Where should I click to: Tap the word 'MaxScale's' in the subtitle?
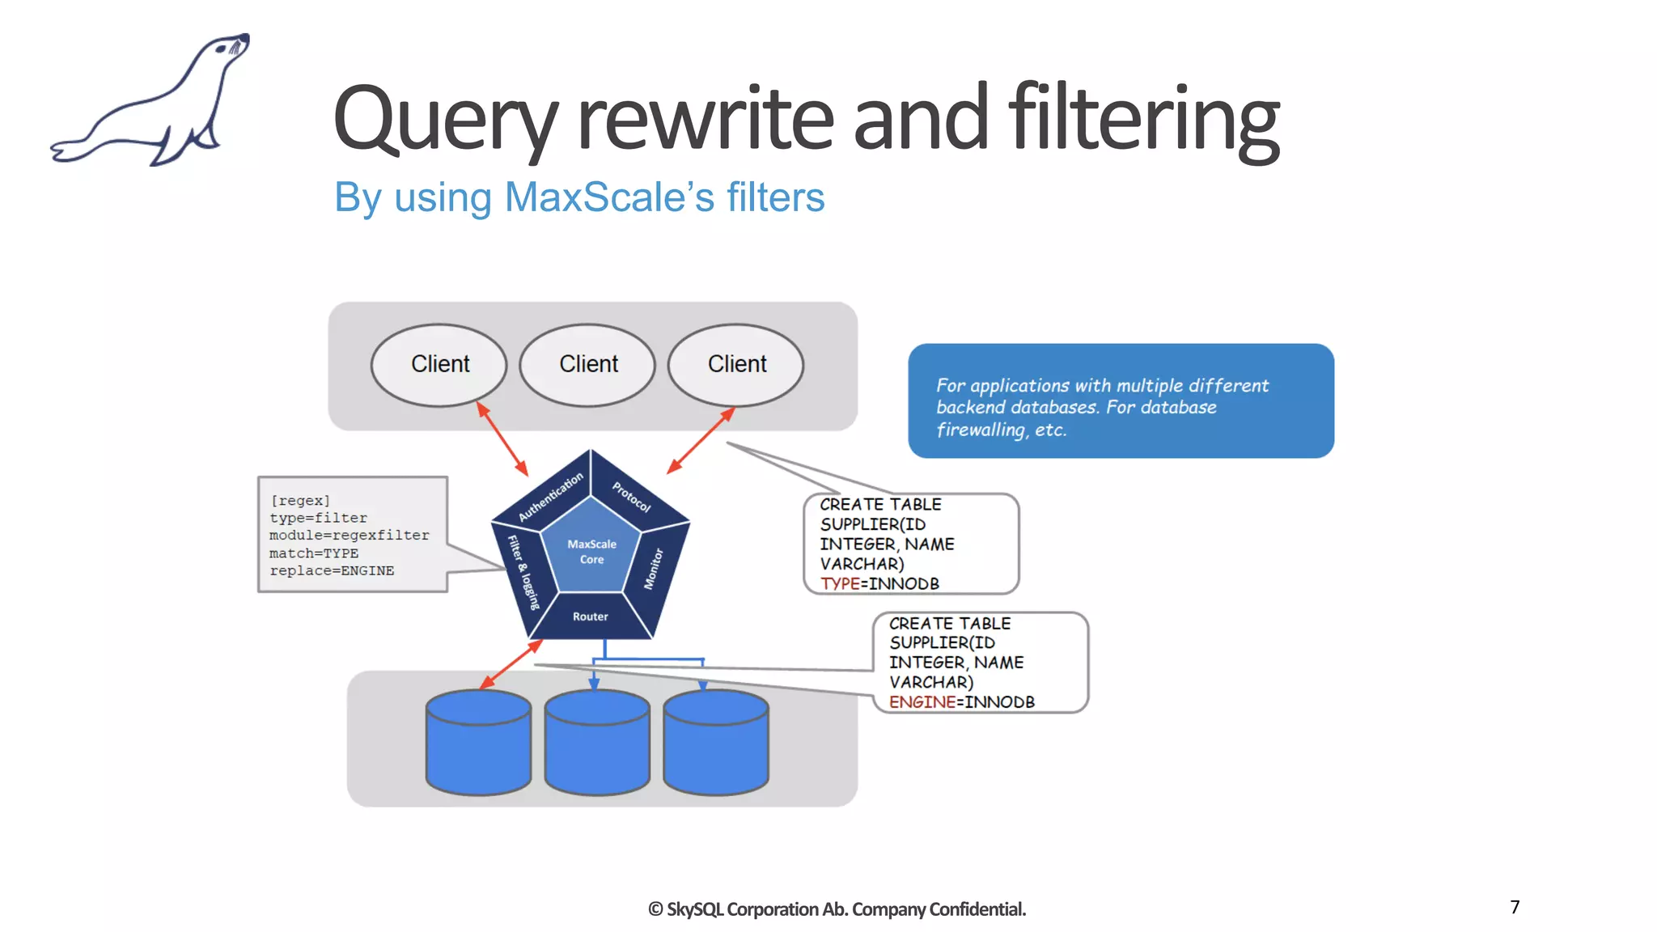click(x=609, y=197)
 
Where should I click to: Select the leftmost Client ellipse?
click(x=439, y=364)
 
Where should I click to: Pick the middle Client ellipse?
click(x=588, y=364)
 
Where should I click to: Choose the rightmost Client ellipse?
click(x=736, y=364)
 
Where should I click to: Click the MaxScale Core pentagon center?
click(x=591, y=552)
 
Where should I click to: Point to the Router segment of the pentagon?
click(x=591, y=616)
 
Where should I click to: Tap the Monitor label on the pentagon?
click(x=654, y=569)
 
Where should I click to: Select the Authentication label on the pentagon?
click(x=550, y=497)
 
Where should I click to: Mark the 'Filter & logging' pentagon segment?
click(x=523, y=572)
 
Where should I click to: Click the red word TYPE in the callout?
click(x=840, y=584)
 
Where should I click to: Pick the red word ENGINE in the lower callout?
click(x=922, y=702)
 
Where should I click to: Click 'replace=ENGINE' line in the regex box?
click(x=332, y=571)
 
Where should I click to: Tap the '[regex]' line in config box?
click(x=300, y=501)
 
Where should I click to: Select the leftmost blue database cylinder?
click(x=478, y=743)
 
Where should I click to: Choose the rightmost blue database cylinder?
click(x=716, y=743)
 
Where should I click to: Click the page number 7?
click(x=1515, y=907)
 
